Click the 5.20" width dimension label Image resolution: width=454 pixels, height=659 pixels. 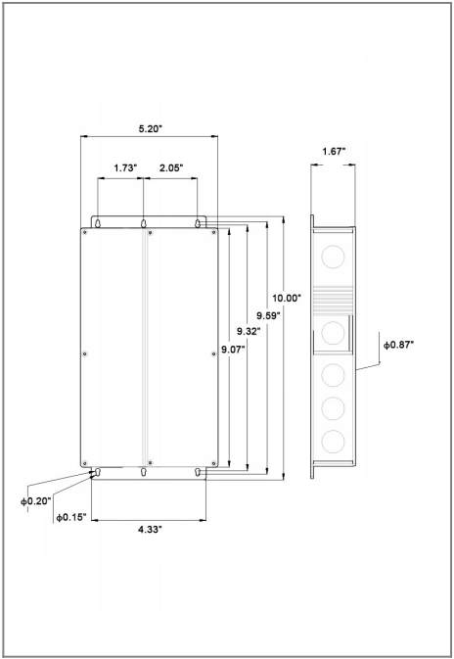tap(151, 128)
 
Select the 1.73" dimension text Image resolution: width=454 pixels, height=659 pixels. tap(125, 168)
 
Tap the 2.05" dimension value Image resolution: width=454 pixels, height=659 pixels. tap(171, 168)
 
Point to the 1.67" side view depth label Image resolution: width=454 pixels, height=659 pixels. tap(334, 152)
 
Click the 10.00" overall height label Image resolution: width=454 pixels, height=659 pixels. tap(287, 298)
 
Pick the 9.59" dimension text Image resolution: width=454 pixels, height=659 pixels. tap(268, 315)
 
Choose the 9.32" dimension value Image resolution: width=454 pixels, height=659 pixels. tap(249, 331)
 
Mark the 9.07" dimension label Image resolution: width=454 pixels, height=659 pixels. tap(233, 349)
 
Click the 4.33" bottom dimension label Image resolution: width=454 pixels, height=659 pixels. tap(150, 530)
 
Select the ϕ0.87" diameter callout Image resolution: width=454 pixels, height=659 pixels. tap(398, 345)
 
